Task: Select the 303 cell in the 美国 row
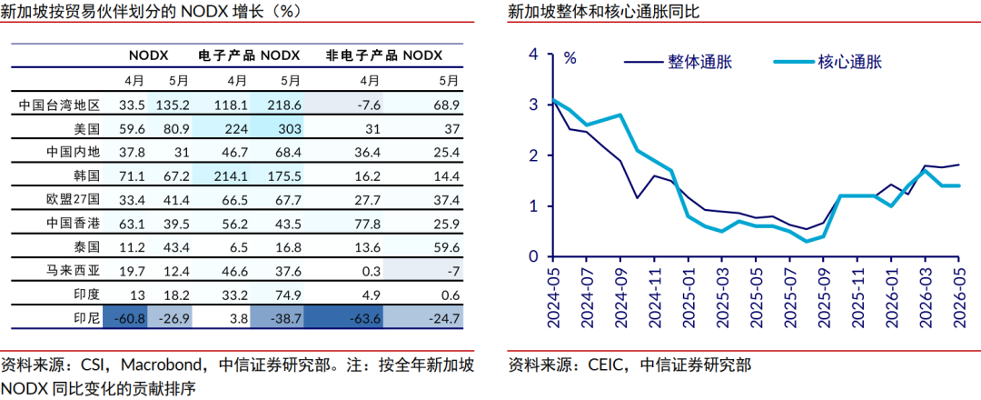click(289, 129)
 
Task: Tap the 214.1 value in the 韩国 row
click(230, 176)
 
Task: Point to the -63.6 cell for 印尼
click(365, 319)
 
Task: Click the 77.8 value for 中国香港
click(369, 225)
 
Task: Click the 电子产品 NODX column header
click(249, 55)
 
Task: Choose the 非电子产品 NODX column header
click(384, 55)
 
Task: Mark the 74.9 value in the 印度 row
click(289, 295)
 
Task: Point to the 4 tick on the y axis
click(533, 54)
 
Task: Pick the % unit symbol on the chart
click(570, 59)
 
